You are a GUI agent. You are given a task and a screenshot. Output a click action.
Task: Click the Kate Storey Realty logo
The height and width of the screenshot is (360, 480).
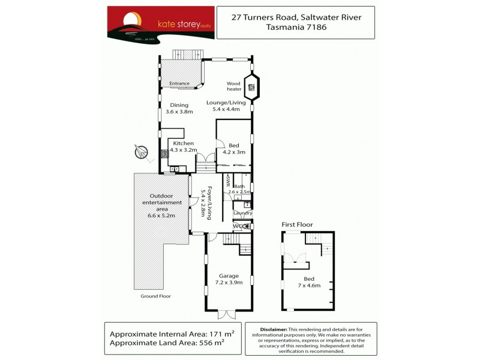[x=160, y=25]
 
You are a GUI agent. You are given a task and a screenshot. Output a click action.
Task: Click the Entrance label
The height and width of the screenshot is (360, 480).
[x=179, y=83]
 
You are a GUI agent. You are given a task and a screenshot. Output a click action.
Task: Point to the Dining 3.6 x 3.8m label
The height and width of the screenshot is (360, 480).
[x=179, y=108]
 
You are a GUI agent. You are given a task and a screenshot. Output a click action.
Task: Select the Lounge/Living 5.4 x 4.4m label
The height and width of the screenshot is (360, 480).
[x=226, y=106]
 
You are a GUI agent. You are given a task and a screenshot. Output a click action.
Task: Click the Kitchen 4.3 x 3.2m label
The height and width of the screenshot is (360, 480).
[x=183, y=146]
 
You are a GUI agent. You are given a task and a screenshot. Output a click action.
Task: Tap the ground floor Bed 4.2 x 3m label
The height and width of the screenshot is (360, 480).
[x=235, y=149]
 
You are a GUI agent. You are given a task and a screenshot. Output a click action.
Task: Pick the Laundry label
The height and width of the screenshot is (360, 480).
[x=243, y=213]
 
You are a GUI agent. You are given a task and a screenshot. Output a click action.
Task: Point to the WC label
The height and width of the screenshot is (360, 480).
[x=238, y=226]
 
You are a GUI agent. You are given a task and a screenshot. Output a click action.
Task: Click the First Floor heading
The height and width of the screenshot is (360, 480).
[x=298, y=224]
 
